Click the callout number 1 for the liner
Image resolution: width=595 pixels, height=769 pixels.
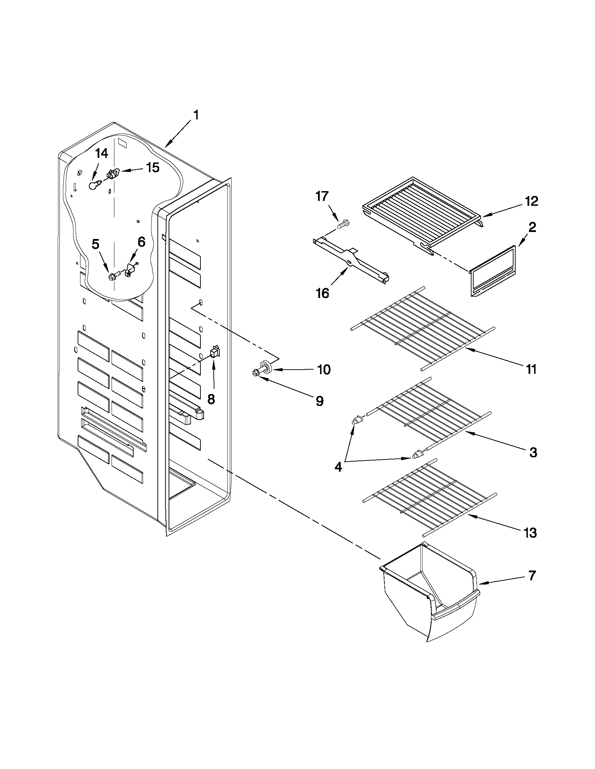[x=196, y=115]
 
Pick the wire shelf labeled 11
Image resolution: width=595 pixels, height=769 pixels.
[x=423, y=327]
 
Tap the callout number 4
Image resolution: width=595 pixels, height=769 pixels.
[x=338, y=467]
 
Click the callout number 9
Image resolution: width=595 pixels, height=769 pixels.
[x=319, y=401]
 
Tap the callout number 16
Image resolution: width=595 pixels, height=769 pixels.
[x=323, y=292]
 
